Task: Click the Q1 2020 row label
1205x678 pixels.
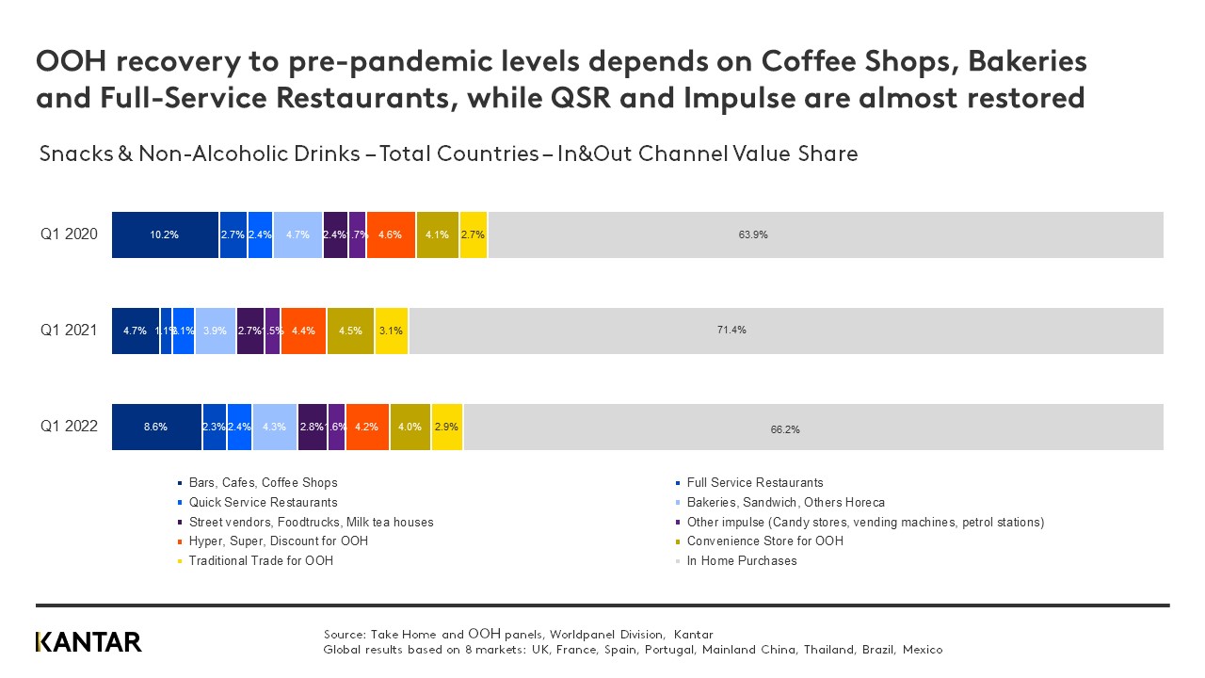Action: pyautogui.click(x=69, y=234)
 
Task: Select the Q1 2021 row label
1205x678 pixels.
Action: pyautogui.click(x=69, y=331)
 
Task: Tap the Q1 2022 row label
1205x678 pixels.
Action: pyautogui.click(x=69, y=427)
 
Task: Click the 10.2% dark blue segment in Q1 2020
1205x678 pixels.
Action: pyautogui.click(x=165, y=234)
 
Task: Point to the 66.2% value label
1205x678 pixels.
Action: pyautogui.click(x=785, y=429)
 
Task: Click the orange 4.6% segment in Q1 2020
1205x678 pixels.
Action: pyautogui.click(x=392, y=234)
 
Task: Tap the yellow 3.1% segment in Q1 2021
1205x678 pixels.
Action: pyautogui.click(x=392, y=331)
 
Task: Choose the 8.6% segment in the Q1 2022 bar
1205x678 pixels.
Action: pyautogui.click(x=156, y=427)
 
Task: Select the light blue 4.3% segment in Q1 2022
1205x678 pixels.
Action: pyautogui.click(x=275, y=427)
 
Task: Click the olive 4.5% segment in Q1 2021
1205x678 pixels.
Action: pyautogui.click(x=350, y=331)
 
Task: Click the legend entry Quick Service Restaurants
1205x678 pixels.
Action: pyautogui.click(x=263, y=502)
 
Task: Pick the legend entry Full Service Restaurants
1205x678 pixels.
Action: pyautogui.click(x=755, y=482)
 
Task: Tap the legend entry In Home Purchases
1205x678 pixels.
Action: pyautogui.click(x=742, y=560)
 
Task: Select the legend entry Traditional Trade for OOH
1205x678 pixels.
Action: pyautogui.click(x=261, y=560)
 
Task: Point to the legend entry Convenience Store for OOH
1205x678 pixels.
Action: pyautogui.click(x=764, y=541)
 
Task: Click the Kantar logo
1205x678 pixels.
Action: pyautogui.click(x=88, y=642)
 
